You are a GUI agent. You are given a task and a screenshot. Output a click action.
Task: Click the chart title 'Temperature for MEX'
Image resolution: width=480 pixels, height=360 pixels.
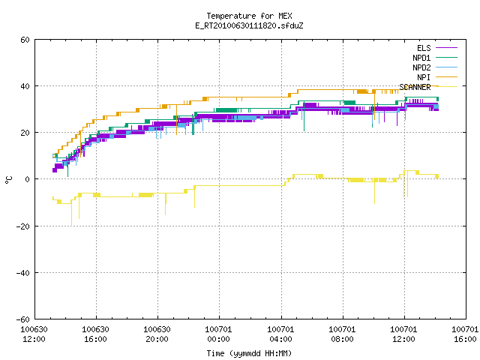[x=249, y=16]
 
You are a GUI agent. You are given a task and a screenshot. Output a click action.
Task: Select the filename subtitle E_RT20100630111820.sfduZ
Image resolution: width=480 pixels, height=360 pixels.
[x=249, y=25]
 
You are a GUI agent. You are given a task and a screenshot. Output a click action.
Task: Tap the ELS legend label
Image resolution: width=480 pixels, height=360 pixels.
[x=424, y=48]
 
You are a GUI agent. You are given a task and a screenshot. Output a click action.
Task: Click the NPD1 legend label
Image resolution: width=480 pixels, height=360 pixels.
[x=421, y=58]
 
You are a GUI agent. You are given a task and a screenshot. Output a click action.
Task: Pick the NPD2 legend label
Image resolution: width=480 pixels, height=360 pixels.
[x=421, y=67]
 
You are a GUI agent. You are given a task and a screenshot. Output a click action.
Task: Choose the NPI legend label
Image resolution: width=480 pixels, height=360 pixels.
[x=424, y=77]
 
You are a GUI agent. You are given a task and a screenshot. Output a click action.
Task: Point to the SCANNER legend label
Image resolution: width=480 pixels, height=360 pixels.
[x=415, y=87]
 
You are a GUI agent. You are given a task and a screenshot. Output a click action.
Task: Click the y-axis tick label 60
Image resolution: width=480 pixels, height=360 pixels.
[x=25, y=40]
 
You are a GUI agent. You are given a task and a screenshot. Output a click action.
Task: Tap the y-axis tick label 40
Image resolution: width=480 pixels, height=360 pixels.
[x=25, y=86]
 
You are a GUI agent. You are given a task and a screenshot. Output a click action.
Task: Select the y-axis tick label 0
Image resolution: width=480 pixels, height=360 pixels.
[x=28, y=179]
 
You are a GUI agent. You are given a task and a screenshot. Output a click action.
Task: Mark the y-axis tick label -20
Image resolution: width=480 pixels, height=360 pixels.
[x=23, y=226]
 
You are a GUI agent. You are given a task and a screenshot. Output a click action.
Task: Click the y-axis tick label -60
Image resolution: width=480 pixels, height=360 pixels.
[x=23, y=319]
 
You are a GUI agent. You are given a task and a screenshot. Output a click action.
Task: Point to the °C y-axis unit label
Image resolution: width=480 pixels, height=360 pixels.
[x=8, y=180]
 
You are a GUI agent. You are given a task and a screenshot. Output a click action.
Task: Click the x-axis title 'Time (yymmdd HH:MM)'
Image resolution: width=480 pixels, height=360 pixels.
[x=249, y=353]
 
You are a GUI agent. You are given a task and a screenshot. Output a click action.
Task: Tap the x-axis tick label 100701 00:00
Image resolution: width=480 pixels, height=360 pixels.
[x=218, y=334]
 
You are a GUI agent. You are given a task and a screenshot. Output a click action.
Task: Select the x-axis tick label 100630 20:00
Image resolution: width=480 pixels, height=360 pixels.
[x=157, y=334]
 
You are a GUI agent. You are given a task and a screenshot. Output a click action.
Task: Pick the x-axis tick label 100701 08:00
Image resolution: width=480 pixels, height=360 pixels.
[x=342, y=334]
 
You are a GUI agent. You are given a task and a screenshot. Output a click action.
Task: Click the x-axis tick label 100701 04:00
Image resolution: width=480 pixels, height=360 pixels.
[x=280, y=334]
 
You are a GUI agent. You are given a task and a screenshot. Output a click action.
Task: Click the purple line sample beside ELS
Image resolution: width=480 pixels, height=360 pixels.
[x=447, y=48]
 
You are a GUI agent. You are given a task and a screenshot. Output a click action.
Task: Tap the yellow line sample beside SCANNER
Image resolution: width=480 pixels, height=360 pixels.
[x=447, y=87]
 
